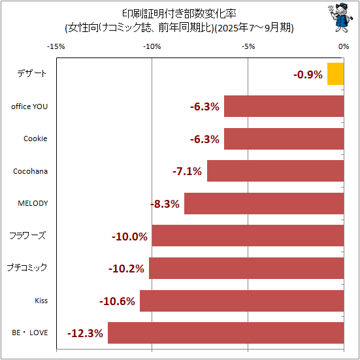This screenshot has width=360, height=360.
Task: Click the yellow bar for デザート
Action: pos(335,74)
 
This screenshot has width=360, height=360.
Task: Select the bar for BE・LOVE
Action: pos(225,333)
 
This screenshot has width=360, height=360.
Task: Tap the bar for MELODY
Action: pos(264,203)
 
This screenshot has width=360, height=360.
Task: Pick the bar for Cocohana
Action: pos(275,171)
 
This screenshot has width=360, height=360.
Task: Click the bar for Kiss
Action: pos(242,301)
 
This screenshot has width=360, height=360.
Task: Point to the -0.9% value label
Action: pos(308,74)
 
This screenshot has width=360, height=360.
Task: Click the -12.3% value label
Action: pos(85,333)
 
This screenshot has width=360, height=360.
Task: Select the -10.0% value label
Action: pos(131,237)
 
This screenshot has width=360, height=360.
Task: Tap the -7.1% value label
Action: pos(187,172)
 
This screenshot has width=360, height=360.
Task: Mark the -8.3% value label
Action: pos(165,204)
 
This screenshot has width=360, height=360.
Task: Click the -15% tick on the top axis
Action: pos(56,46)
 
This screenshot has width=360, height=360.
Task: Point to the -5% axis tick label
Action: pos(248,46)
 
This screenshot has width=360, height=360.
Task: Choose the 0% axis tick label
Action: pos(344,46)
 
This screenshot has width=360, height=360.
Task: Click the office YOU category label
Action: pos(30,106)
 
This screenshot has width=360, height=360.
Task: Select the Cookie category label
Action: pos(35,139)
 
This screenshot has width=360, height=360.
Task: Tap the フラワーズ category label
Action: pos(27,235)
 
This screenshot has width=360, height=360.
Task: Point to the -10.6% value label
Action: pos(117,301)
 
